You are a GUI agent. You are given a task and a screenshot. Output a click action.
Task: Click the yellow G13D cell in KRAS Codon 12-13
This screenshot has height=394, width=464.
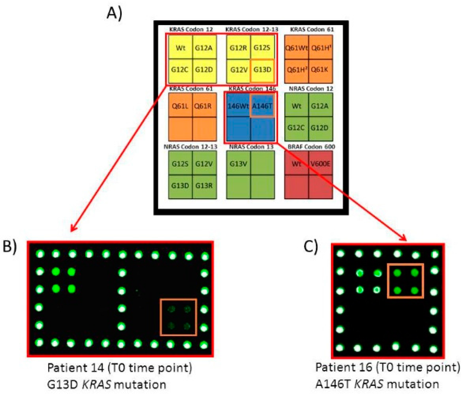262,70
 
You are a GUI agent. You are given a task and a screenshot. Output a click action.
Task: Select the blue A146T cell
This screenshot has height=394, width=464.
262,106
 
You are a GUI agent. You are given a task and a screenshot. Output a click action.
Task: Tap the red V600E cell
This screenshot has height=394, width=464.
321,164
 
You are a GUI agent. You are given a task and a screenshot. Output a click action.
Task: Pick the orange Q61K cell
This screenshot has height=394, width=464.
320,70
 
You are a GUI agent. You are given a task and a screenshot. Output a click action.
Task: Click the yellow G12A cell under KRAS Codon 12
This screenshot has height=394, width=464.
204,48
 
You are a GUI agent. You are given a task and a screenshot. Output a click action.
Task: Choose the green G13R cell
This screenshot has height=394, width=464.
204,186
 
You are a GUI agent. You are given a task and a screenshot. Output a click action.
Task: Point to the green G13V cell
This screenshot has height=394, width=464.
238,164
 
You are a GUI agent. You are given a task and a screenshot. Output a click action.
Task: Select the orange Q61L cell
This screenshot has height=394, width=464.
180,106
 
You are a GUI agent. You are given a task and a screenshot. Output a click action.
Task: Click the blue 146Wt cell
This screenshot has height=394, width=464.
238,106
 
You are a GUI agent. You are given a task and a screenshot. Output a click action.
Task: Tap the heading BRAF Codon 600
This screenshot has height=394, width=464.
311,147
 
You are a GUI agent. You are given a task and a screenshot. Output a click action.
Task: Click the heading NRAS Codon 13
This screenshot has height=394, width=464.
251,147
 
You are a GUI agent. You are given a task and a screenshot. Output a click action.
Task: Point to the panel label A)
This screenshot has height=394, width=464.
115,13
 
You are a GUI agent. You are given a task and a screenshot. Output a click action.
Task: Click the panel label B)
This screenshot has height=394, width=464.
10,246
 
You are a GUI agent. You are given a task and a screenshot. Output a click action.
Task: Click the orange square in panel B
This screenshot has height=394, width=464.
178,317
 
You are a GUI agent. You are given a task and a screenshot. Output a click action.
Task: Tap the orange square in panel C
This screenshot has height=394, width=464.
406,281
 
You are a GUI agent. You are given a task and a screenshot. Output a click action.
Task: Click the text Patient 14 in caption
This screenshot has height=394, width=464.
76,368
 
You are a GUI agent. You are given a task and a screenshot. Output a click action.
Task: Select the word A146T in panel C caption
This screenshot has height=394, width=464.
333,384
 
